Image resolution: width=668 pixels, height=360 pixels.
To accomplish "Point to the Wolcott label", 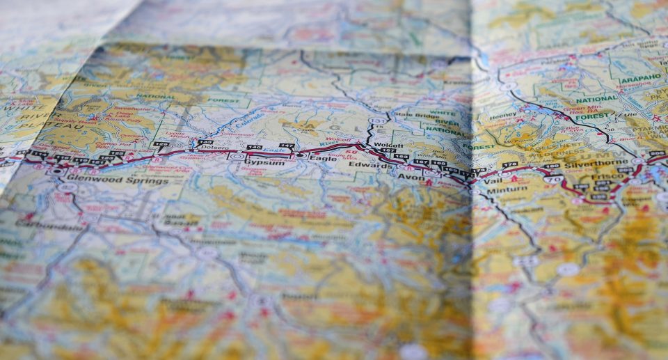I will click(x=384, y=145).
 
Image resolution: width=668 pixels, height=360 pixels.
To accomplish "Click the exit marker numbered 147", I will click(x=286, y=146).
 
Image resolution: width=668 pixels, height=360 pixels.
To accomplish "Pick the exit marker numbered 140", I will click(x=255, y=148).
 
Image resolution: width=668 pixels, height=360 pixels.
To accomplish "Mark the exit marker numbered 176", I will click(x=510, y=164).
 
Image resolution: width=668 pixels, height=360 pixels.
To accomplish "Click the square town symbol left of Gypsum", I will click(x=237, y=157).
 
